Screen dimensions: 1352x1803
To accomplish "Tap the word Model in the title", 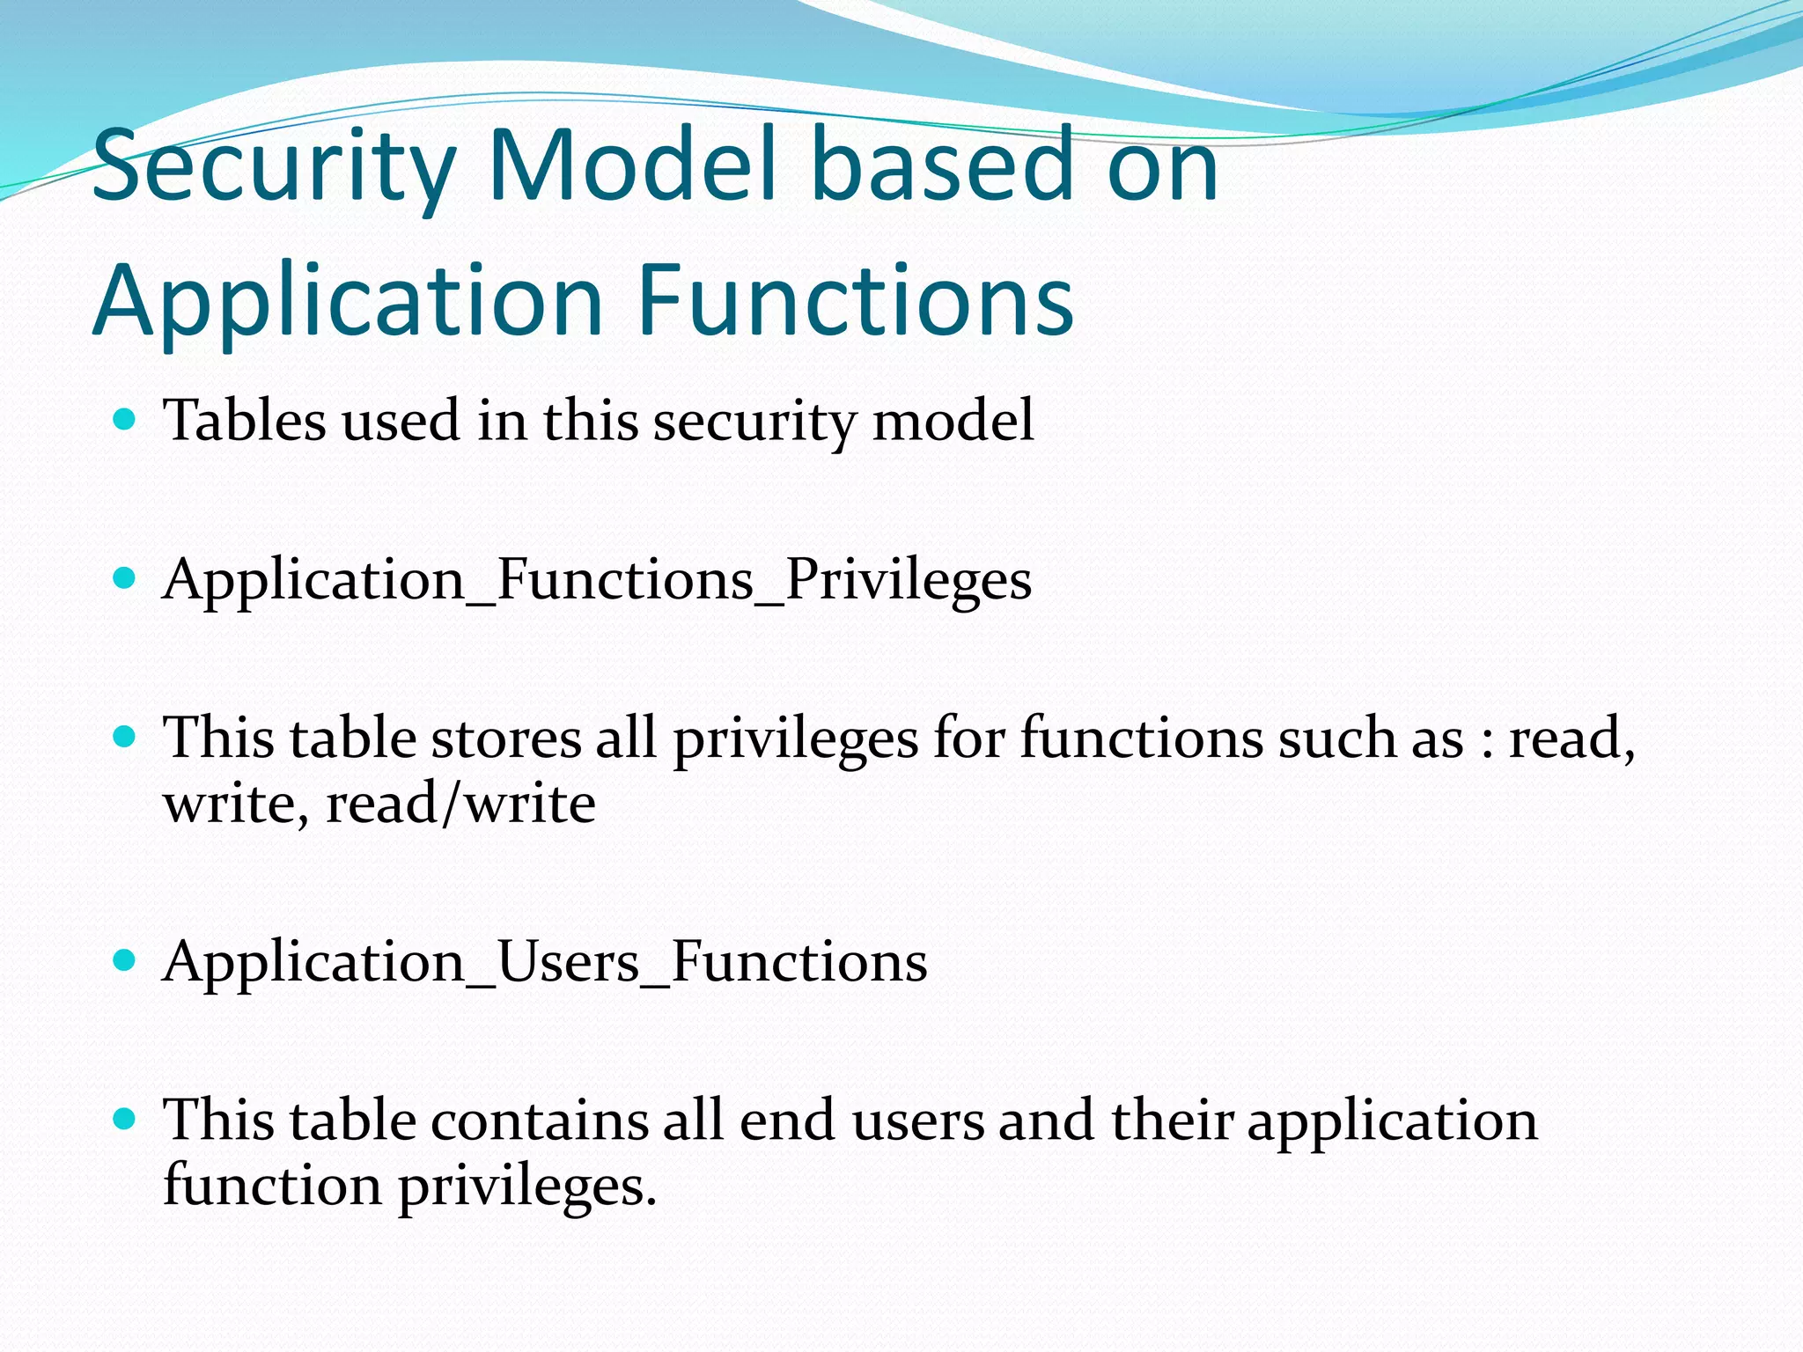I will (x=633, y=165).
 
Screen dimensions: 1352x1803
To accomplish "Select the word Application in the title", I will (x=347, y=302).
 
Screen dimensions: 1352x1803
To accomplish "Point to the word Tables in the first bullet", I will (x=245, y=420).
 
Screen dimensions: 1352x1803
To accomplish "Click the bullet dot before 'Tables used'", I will (x=125, y=419).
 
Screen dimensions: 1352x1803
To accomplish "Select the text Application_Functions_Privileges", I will (x=597, y=580).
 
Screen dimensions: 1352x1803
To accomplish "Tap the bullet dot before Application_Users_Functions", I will (x=125, y=960).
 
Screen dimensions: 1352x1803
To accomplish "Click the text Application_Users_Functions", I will (x=545, y=961).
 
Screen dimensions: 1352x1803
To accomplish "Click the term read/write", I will (x=460, y=803).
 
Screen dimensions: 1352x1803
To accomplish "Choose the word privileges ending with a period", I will (x=527, y=1187).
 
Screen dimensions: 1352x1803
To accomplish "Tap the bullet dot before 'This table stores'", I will (x=125, y=737).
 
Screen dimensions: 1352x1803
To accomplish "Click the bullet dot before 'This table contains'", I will (x=125, y=1120).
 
